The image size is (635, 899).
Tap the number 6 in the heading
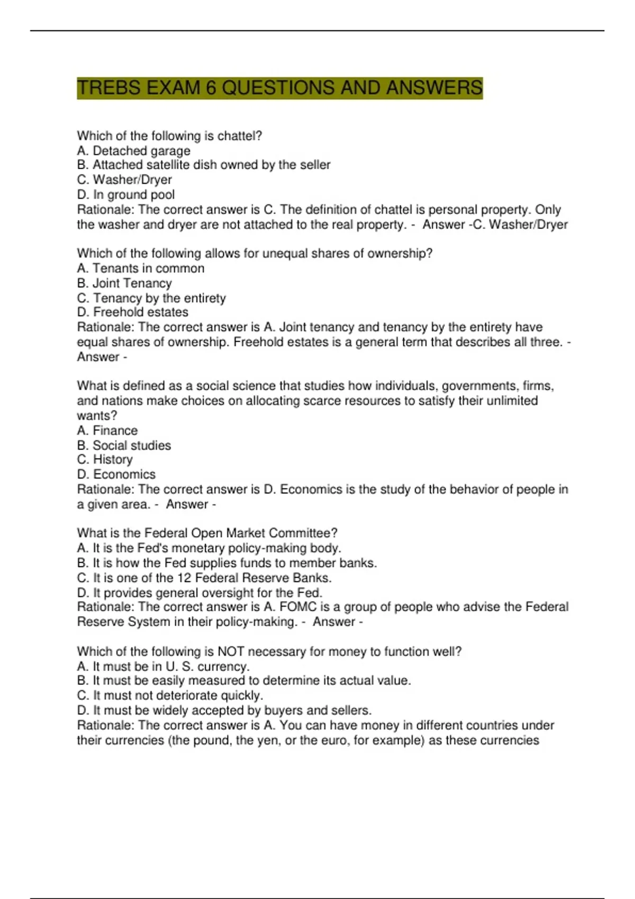click(211, 88)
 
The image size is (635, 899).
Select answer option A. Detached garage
click(133, 151)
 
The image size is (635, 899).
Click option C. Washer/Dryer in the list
click(124, 180)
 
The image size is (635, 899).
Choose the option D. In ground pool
click(125, 195)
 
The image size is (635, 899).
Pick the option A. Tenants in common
click(140, 268)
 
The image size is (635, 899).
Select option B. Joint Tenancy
click(124, 283)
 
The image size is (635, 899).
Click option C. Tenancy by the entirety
click(151, 298)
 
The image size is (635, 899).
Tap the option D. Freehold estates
click(132, 312)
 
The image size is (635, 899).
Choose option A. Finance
click(107, 430)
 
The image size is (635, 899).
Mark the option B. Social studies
click(124, 445)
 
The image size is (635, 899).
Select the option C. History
click(105, 460)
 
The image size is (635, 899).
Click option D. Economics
click(116, 474)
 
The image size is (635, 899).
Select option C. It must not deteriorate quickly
click(170, 695)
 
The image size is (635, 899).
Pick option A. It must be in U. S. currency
click(163, 666)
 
